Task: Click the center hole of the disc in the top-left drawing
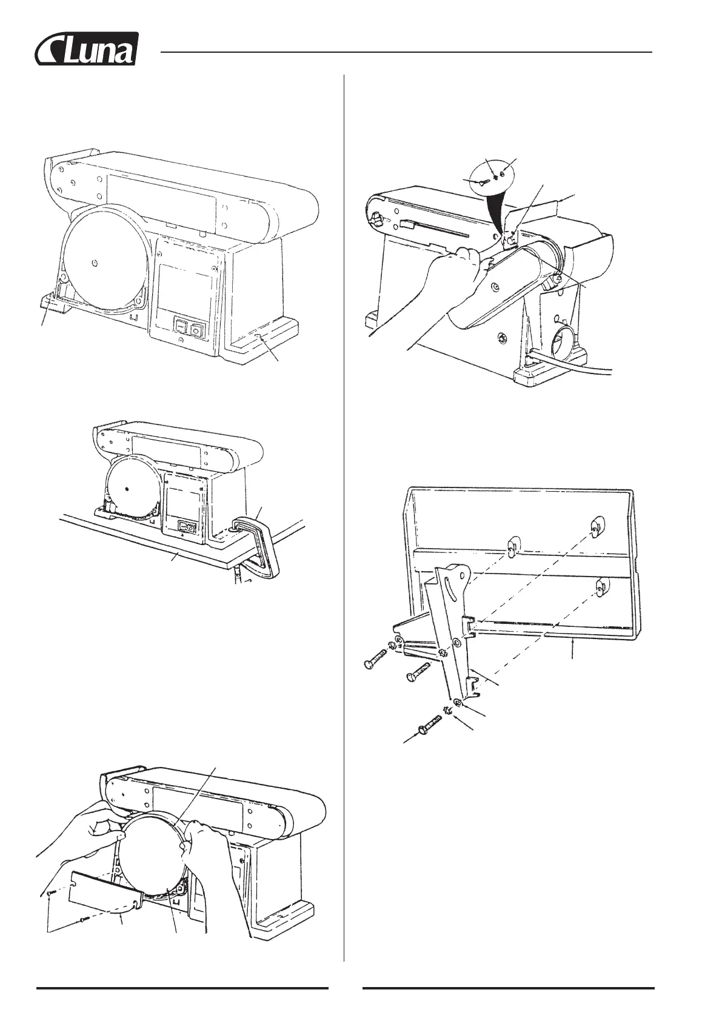point(94,263)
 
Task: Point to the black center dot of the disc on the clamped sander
point(127,489)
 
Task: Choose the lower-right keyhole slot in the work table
point(600,586)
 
